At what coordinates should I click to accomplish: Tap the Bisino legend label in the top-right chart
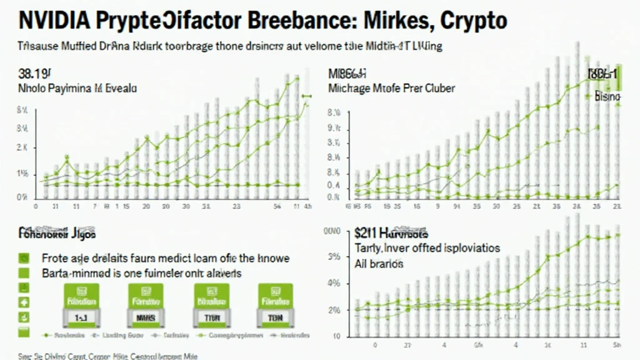606,97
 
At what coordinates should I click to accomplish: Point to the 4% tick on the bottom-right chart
334,284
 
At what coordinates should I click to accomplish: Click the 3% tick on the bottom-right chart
334,256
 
